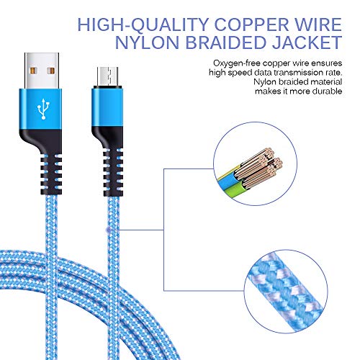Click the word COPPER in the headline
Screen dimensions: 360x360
[x=251, y=24]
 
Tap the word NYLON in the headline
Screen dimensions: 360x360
[x=147, y=42]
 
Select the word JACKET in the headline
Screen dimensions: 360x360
[x=307, y=42]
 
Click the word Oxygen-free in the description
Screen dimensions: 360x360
[x=236, y=63]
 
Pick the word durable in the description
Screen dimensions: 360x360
[x=327, y=91]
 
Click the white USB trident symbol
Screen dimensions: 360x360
[x=43, y=109]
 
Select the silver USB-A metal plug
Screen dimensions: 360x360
[x=42, y=71]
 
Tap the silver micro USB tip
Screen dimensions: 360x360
[x=107, y=76]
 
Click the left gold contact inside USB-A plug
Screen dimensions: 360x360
[x=32, y=71]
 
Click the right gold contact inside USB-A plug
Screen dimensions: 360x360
[x=51, y=71]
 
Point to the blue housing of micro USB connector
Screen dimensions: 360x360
[x=107, y=107]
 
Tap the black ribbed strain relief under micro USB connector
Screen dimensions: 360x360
[x=113, y=172]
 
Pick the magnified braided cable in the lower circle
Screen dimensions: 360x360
[x=286, y=291]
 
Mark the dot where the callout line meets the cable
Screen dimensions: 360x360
[x=109, y=230]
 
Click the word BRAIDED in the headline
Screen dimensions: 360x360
[x=225, y=42]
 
